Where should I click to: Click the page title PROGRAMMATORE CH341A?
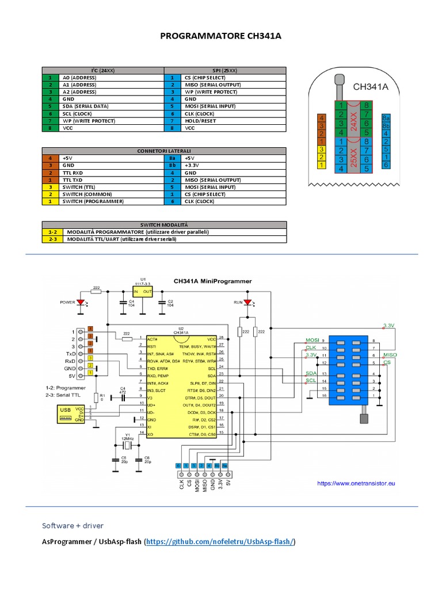click(x=220, y=37)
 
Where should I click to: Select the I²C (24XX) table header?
click(x=103, y=70)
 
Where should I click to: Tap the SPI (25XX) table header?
click(x=225, y=70)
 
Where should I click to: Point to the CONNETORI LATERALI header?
click(x=163, y=150)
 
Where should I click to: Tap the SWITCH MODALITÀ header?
click(x=163, y=224)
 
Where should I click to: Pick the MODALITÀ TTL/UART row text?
click(x=121, y=239)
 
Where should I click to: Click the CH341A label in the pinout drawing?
click(x=371, y=87)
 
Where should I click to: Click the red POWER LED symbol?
click(x=81, y=301)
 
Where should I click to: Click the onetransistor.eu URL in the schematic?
click(x=356, y=484)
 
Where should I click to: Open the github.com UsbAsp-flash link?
click(x=220, y=542)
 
